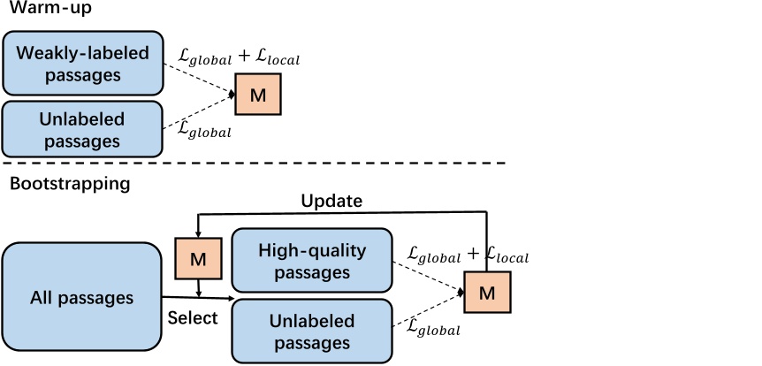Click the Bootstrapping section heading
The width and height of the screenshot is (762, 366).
70,185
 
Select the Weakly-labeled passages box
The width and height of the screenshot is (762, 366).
82,64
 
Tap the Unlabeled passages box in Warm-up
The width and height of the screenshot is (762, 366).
82,128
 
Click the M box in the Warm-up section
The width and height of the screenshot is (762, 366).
257,95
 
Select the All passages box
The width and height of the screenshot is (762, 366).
81,298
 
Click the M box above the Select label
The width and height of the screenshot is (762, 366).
198,259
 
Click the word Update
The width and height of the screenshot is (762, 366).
331,201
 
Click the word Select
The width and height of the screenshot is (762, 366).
193,317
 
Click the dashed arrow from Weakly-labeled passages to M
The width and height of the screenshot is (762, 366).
199,77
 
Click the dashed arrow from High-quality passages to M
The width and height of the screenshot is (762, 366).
429,276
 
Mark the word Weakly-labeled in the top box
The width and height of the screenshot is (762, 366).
83,53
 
